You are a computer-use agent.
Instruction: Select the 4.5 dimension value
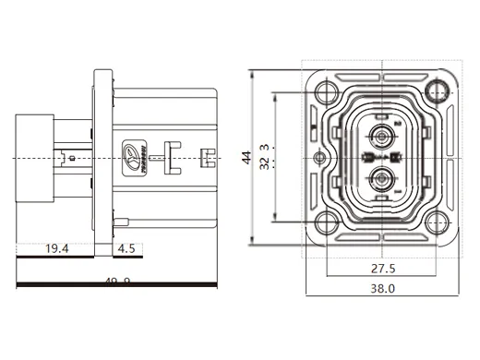pos(126,248)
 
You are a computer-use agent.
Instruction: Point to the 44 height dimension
pos(246,158)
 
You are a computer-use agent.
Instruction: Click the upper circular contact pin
pos(380,140)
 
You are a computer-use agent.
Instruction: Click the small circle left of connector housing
pos(319,159)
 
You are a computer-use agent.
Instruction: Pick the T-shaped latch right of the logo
pos(169,152)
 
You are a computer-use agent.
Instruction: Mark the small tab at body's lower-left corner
pos(120,221)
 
